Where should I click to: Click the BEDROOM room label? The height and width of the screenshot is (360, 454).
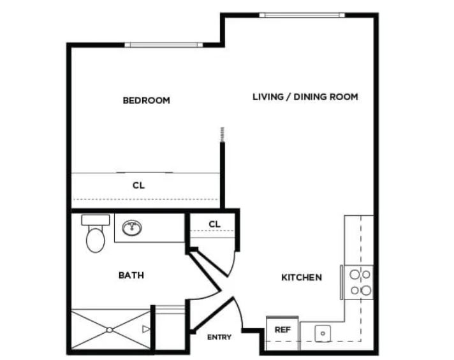pos(147,101)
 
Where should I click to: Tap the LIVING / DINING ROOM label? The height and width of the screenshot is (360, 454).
pos(305,97)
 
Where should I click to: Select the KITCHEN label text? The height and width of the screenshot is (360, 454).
pos(302,278)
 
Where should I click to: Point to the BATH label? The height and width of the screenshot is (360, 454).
pos(131,275)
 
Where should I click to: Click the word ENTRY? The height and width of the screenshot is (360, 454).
pos(219,337)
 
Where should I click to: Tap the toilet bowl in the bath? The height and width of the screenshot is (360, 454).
pos(96,240)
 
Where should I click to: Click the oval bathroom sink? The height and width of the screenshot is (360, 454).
pos(132,227)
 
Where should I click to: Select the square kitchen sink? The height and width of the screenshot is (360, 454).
pos(323,333)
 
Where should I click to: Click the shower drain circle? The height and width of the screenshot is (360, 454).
pos(110,330)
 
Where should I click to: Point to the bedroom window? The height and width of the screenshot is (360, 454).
pos(163,45)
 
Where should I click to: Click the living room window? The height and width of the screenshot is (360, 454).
pos(302,15)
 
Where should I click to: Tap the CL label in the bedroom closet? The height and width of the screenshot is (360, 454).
pos(138,185)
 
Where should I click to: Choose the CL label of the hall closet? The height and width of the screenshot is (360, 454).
pos(214,224)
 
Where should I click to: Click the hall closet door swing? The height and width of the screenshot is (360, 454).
pos(235,265)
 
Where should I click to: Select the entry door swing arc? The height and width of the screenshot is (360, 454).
pos(240,313)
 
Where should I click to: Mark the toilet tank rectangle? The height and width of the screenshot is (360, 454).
pos(96,220)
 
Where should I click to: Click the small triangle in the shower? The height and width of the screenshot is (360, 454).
pos(146,329)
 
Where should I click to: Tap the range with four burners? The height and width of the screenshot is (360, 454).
pos(358,282)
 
